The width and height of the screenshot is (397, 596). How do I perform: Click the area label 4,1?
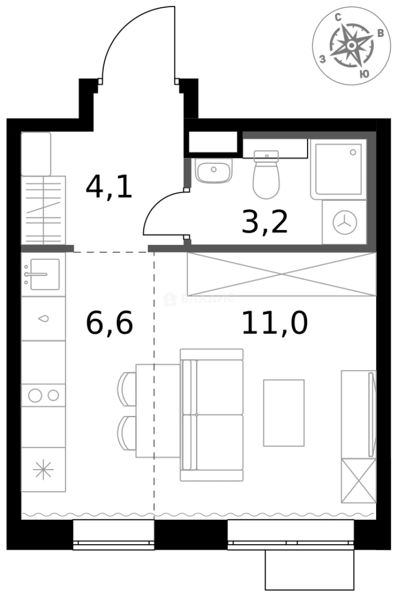pyautogui.click(x=109, y=187)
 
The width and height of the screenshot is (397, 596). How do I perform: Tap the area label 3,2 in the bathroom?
pyautogui.click(x=265, y=222)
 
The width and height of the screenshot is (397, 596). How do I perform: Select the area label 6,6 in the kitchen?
pyautogui.click(x=109, y=323)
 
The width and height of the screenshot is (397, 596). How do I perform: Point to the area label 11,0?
pyautogui.click(x=274, y=323)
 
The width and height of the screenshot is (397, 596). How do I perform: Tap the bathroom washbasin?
pyautogui.click(x=213, y=172)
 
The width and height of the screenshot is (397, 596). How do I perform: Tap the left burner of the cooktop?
pyautogui.click(x=35, y=395)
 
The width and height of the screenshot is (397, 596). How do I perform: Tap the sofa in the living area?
pyautogui.click(x=213, y=414)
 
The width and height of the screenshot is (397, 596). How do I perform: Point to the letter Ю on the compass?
pyautogui.click(x=364, y=73)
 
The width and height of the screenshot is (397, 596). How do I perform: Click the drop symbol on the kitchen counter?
pyautogui.click(x=43, y=318)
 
